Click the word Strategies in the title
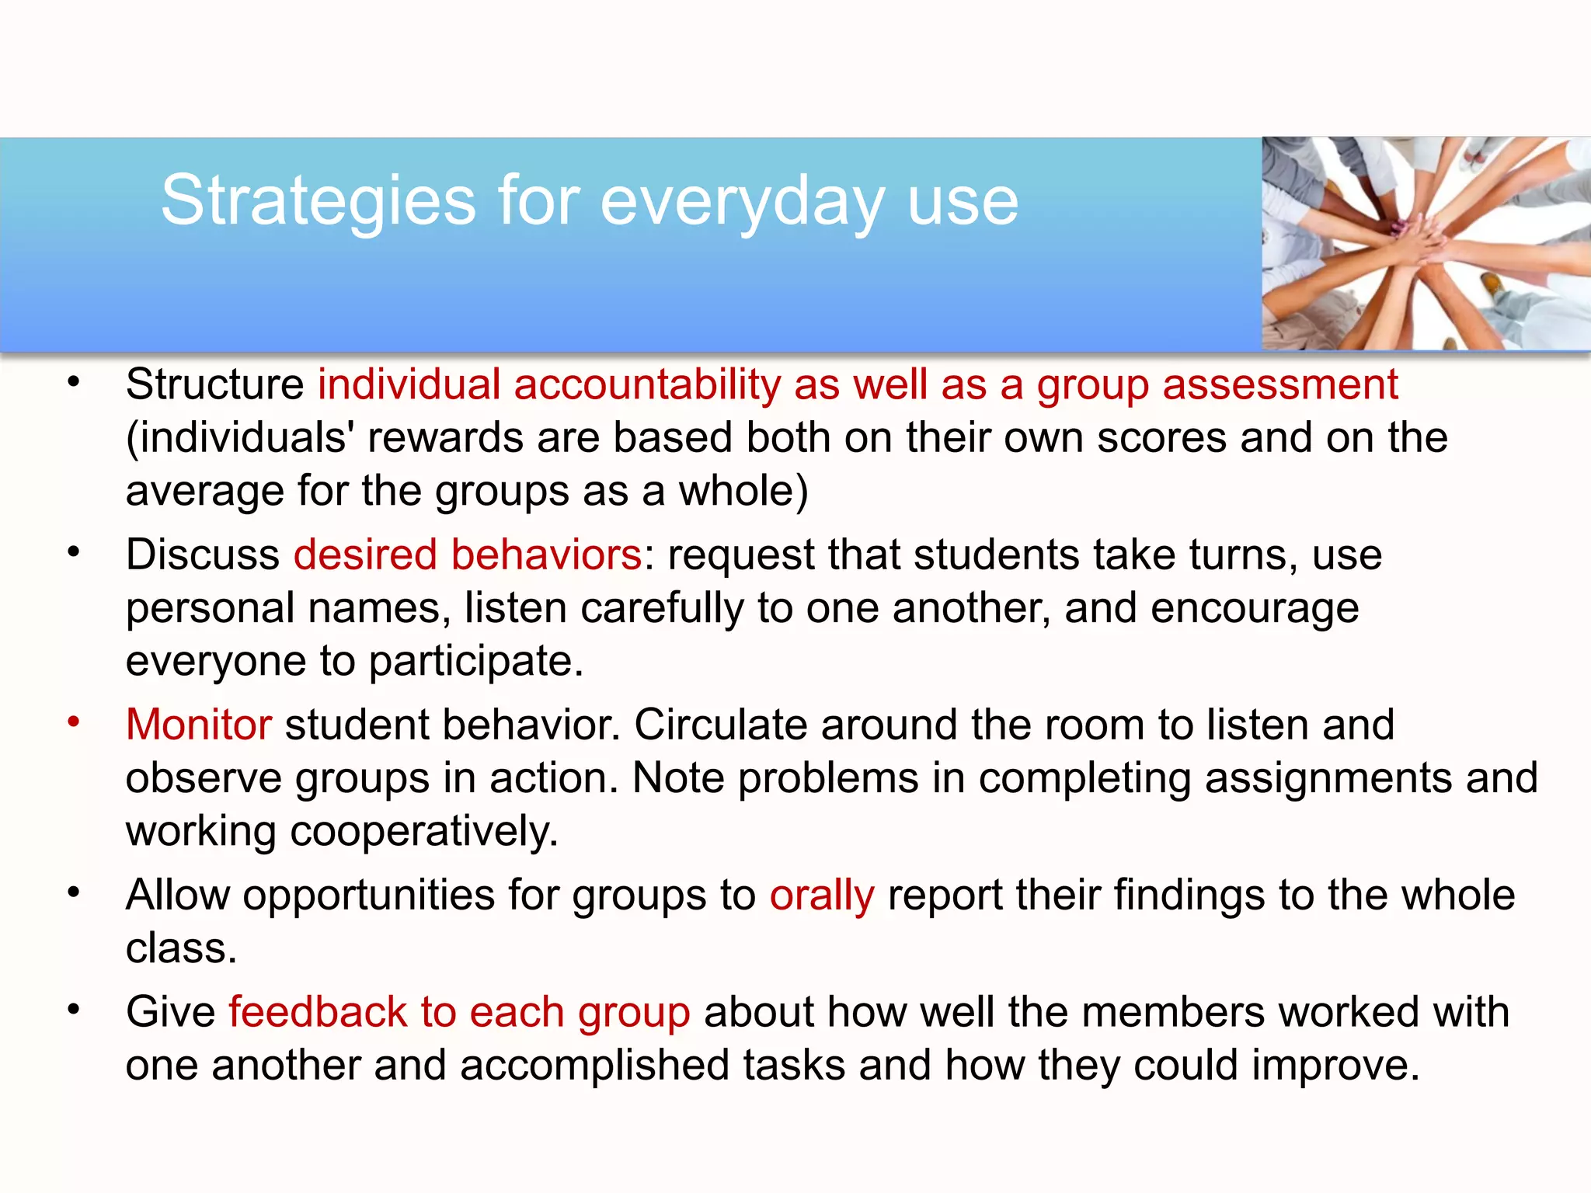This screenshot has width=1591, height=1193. pos(318,201)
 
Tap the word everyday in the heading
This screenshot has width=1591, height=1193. pos(743,201)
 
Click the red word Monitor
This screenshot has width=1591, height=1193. pos(199,724)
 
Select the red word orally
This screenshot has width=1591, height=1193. pos(822,895)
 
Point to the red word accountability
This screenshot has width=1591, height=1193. pos(647,384)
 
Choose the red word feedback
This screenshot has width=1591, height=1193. pos(318,1012)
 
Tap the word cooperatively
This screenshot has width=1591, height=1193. pos(423,831)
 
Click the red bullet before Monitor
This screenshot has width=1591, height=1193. pos(74,722)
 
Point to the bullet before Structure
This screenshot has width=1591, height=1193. pos(74,381)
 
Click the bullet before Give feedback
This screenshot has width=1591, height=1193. pos(74,1009)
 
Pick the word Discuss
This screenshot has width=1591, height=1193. pos(203,555)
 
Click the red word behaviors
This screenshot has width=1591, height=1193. pos(546,555)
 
